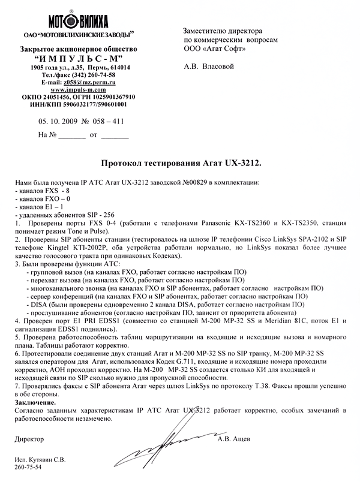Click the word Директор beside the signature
[28, 439]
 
